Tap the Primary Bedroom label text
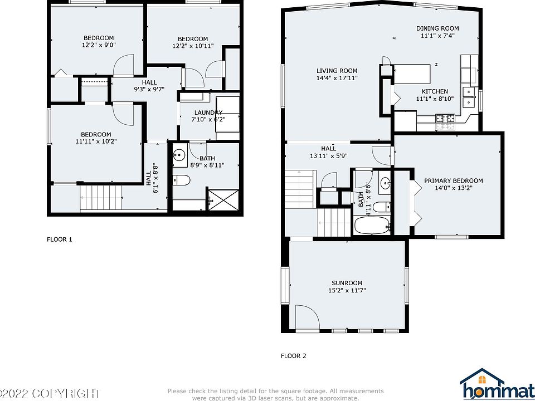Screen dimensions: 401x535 (453, 180)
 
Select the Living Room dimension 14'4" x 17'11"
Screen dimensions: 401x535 (337, 79)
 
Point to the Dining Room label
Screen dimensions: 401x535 (437, 28)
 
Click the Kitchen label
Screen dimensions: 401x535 (435, 91)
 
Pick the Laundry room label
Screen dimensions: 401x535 (207, 113)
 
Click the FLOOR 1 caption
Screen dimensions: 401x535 (59, 239)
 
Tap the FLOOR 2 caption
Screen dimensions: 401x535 (293, 356)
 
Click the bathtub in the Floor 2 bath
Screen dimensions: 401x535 (373, 226)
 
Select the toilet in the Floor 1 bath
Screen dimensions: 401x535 (182, 180)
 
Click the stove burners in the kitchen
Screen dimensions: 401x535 (445, 118)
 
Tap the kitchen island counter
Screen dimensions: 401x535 (412, 73)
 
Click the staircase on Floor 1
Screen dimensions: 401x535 (101, 198)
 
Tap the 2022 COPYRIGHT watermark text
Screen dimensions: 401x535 (50, 393)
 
